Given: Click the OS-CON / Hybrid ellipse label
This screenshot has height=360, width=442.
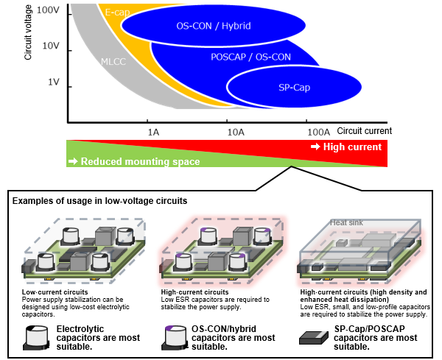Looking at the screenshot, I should pos(214,26).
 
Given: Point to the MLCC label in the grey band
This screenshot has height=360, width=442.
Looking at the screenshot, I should pos(113,63).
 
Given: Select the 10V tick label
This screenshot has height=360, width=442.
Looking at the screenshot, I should pos(49,46).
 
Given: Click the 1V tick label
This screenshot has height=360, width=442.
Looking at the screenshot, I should pos(53,82).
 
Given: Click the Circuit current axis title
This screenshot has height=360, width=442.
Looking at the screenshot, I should pos(359,130).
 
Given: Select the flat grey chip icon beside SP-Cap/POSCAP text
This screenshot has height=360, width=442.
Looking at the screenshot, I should pos(314,336).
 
